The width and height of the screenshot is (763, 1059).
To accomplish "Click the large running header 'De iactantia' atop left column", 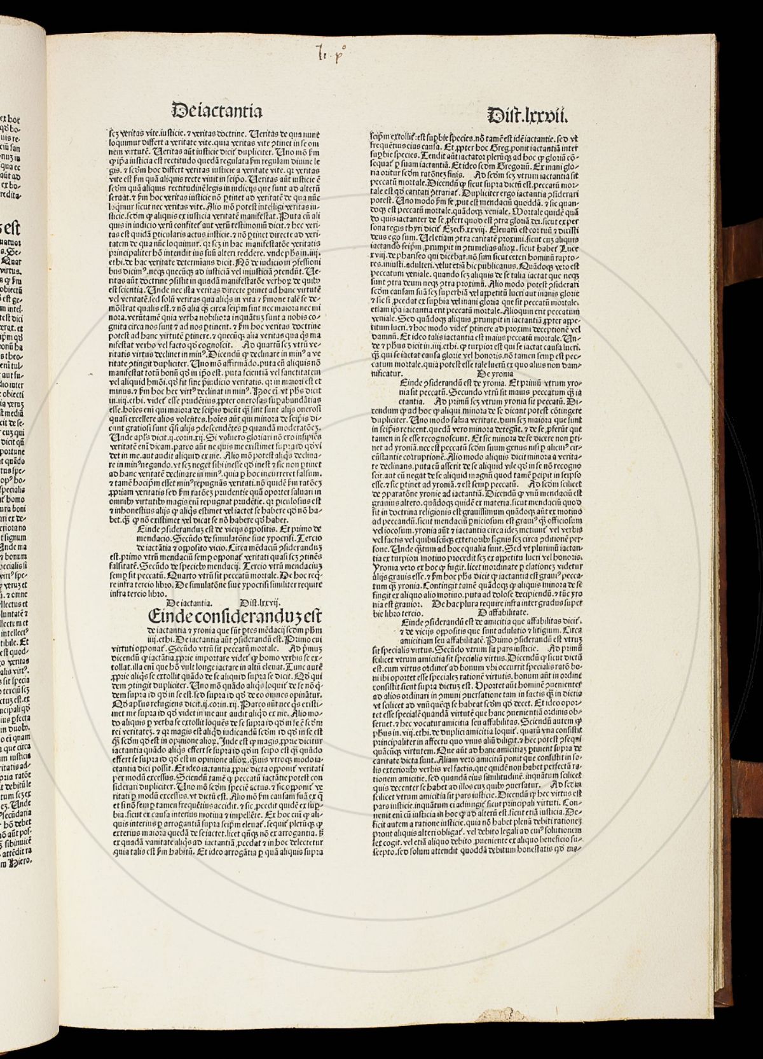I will (217, 111).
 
